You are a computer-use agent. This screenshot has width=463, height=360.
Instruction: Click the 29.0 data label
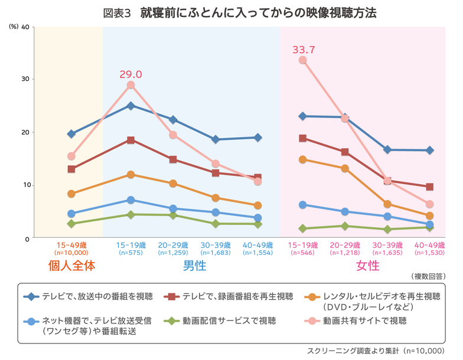coord(131,74)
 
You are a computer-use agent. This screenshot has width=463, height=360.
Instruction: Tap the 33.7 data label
coord(304,50)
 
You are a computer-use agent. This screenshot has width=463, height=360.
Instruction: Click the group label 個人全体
coord(71,266)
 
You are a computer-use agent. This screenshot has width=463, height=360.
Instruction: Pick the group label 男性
coord(194,266)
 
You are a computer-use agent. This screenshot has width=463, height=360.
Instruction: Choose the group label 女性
coord(367,266)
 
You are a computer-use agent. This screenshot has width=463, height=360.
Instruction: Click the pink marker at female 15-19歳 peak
coord(303,60)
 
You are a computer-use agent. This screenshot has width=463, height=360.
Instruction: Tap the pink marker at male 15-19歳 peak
coord(131,85)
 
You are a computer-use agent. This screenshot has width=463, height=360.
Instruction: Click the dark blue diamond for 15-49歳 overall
coord(71,134)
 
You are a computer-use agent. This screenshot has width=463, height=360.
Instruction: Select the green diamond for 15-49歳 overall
coord(71,224)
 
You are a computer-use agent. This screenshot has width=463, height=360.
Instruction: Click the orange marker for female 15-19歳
coord(303,159)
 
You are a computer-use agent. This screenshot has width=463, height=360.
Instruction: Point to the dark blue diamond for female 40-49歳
coord(429,150)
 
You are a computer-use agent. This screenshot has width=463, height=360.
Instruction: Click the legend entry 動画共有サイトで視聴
coord(364,321)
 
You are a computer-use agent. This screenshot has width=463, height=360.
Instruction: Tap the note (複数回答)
coord(428,276)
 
